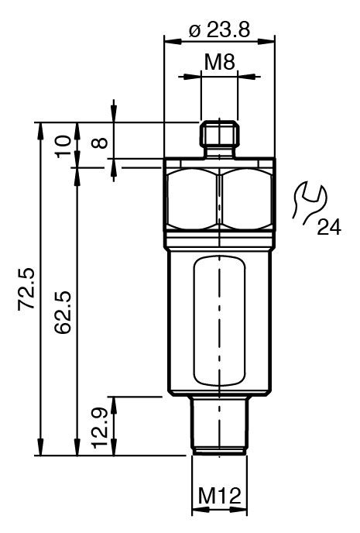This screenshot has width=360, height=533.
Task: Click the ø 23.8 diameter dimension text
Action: coord(220,29)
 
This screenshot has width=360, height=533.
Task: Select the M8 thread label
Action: coord(219,62)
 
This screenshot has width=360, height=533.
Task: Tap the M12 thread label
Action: coord(219,495)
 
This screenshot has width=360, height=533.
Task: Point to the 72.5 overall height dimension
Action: coord(26,289)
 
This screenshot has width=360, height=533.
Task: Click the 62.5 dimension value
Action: coord(63,312)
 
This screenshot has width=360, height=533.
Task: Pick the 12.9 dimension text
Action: coord(100,428)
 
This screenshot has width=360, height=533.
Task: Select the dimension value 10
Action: coord(63,146)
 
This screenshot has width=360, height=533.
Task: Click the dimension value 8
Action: coord(100,143)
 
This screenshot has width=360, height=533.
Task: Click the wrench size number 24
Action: coord(329,227)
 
